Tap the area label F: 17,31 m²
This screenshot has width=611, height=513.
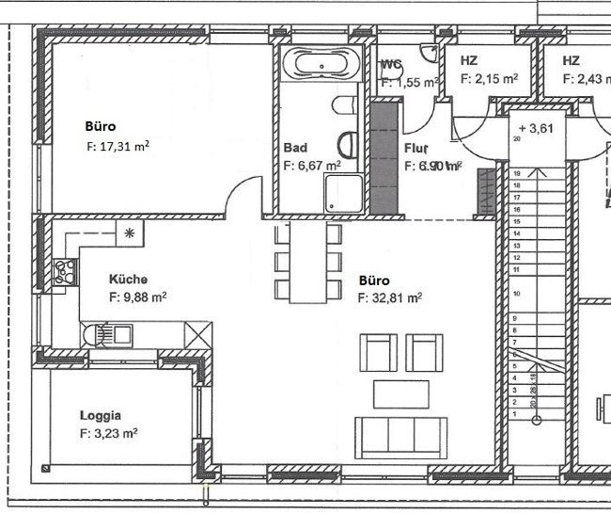click(x=118, y=147)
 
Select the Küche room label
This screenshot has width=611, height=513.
click(x=128, y=279)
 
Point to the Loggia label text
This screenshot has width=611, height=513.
click(x=102, y=414)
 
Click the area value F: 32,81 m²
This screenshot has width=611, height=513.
click(x=390, y=297)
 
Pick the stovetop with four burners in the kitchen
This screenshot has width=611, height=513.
click(x=68, y=272)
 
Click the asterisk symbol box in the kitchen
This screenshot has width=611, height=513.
click(x=130, y=232)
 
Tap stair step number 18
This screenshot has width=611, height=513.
click(x=516, y=174)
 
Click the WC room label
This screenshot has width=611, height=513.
click(x=392, y=64)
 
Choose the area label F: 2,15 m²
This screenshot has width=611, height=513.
click(x=490, y=80)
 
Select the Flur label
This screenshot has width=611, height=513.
click(x=416, y=148)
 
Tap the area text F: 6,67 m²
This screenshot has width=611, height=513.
click(x=311, y=165)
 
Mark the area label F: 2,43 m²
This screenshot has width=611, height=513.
click(x=586, y=80)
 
